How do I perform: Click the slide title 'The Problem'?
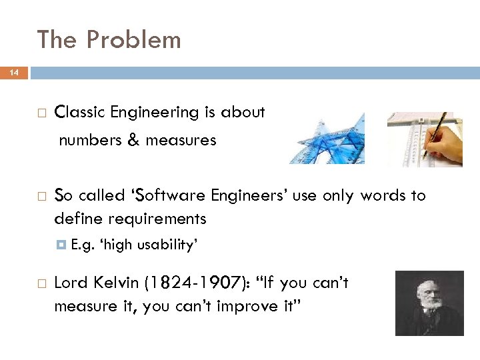click(109, 40)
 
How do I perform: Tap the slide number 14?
click(14, 72)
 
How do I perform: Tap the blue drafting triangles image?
click(327, 139)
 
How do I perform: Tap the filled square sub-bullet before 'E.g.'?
click(62, 245)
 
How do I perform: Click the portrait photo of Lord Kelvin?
click(429, 303)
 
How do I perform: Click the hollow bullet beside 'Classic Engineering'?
click(41, 113)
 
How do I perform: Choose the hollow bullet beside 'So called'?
click(41, 197)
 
